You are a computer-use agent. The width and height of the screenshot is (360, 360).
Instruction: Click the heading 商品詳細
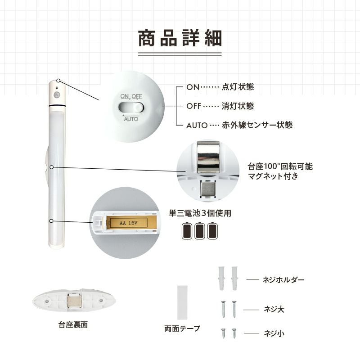point(180,38)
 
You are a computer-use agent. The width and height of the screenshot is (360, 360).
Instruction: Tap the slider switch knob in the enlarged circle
point(138,107)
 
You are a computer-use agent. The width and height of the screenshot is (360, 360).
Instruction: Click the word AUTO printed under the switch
point(131,119)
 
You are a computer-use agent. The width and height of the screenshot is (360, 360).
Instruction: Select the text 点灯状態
point(238,87)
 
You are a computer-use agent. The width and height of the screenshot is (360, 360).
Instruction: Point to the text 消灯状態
point(238,106)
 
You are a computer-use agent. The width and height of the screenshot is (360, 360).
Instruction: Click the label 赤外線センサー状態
point(257,125)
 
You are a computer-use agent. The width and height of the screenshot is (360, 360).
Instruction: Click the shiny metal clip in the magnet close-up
point(208,157)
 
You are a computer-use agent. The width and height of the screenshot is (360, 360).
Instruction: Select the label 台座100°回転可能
point(280,166)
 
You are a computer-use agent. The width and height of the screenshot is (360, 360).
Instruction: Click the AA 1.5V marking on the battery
point(128,223)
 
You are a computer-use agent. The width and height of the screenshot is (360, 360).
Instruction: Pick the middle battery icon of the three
point(199,231)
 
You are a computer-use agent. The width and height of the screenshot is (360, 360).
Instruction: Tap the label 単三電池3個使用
point(200,213)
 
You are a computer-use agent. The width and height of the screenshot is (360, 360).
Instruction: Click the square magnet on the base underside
point(74,301)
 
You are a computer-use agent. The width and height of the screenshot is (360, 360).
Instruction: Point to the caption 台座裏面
point(73,324)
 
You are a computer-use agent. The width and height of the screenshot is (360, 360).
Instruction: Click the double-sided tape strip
point(183,302)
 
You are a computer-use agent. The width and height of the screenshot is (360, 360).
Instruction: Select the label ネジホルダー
point(283,279)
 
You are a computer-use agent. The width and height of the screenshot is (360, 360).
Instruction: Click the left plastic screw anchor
point(221,278)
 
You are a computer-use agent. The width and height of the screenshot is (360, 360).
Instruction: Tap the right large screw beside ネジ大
point(234,309)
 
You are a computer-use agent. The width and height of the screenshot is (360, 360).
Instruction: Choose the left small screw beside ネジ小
point(223,333)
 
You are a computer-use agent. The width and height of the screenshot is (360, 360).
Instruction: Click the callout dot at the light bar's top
point(58,81)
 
